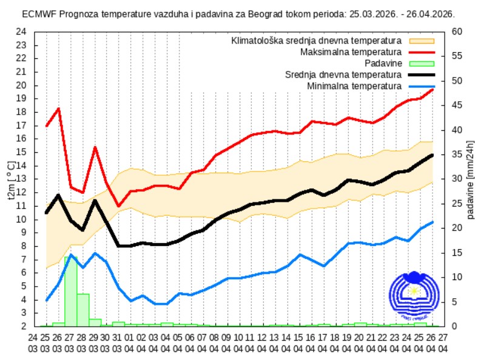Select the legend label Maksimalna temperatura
click(x=351, y=52)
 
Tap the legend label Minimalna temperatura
click(x=354, y=85)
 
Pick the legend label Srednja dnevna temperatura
click(x=343, y=75)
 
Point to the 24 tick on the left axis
click(x=21, y=32)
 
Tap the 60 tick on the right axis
click(x=459, y=32)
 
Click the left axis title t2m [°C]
click(x=10, y=179)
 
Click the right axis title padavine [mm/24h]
click(x=471, y=179)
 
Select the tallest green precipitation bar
click(x=70, y=291)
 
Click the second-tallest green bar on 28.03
click(x=82, y=310)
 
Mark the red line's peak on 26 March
click(x=59, y=108)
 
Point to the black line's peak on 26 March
click(x=59, y=195)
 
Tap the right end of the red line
click(x=433, y=89)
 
